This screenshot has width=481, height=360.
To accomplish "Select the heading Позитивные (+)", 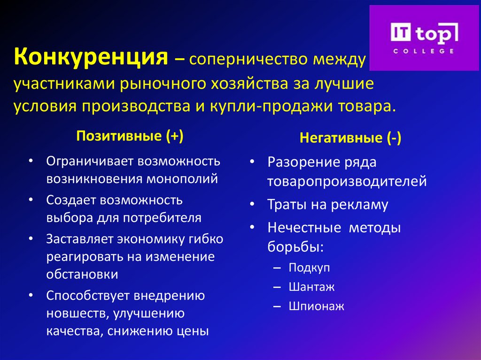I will [x=130, y=136].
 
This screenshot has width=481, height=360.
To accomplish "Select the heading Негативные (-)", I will [x=350, y=138].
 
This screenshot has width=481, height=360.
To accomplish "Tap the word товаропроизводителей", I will [x=347, y=182].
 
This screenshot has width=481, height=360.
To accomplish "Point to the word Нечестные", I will [x=304, y=229].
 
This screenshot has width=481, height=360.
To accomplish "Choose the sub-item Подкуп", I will [x=310, y=268].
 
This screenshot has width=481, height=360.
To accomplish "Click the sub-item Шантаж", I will [x=311, y=287].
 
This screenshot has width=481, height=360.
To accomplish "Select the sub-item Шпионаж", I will [x=317, y=306].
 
